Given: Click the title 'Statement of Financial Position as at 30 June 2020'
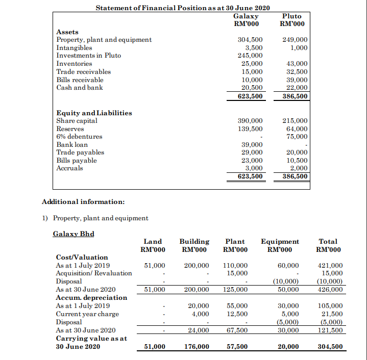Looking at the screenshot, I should (x=183, y=8).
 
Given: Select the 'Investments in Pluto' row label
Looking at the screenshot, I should (x=88, y=56).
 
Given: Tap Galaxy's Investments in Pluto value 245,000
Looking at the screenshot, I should (x=251, y=56).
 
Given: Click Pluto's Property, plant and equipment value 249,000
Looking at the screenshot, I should (x=294, y=40).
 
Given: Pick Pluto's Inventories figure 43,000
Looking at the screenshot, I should (x=296, y=64).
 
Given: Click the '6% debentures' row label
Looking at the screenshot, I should (x=79, y=137).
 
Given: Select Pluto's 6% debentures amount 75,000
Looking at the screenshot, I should (x=296, y=137).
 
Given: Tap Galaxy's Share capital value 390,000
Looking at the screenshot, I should (x=251, y=121).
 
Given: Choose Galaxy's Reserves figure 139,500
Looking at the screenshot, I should (x=251, y=129).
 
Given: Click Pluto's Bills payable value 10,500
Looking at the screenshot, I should (x=296, y=160).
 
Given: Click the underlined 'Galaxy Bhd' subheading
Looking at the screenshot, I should (x=74, y=234).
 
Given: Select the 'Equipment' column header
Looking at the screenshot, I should (x=280, y=242).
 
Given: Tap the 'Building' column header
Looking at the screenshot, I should (x=194, y=242).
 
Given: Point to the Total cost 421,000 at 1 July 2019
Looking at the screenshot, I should (x=330, y=266).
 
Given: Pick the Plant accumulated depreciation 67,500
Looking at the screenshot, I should (x=236, y=330).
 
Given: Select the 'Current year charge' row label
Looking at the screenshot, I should (x=87, y=314).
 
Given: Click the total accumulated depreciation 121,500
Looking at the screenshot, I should (x=330, y=330).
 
